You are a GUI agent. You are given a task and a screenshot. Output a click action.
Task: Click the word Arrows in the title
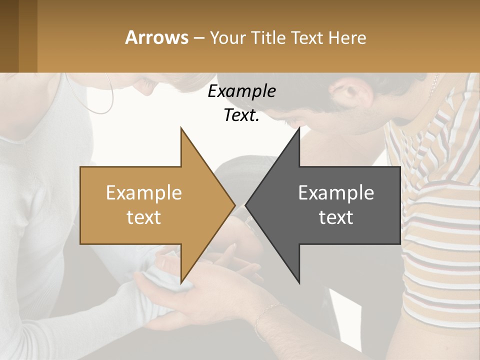click(156, 37)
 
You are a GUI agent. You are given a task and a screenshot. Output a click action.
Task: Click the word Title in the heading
click(266, 38)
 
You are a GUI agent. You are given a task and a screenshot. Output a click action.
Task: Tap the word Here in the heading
click(347, 38)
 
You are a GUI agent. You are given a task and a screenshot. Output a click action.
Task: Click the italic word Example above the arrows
click(241, 91)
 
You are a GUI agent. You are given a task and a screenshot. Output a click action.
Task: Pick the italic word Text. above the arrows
click(241, 115)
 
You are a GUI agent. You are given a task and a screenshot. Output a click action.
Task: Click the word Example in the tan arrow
click(143, 192)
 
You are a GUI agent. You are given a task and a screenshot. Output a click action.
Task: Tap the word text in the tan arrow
click(143, 217)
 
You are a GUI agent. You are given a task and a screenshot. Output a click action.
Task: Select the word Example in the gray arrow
click(336, 192)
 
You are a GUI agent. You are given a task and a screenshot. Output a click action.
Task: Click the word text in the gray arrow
click(336, 217)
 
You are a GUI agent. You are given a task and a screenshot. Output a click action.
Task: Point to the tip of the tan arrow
click(234, 205)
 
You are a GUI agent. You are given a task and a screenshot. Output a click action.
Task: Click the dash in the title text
click(198, 38)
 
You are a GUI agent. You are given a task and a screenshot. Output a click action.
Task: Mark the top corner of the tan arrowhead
click(181, 128)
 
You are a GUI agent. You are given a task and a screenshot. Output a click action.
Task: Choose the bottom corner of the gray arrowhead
click(299, 283)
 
